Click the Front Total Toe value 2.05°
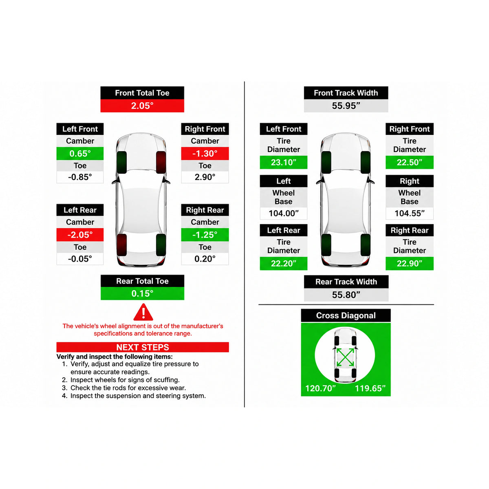[142, 106]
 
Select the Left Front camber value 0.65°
[80, 154]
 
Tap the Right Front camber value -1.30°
[205, 154]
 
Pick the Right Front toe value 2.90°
[205, 177]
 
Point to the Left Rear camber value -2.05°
[80, 235]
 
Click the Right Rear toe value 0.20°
[205, 259]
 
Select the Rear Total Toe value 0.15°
[142, 293]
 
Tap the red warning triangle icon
[143, 313]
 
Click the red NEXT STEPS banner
[143, 347]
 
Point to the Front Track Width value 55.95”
[346, 106]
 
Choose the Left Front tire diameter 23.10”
[284, 162]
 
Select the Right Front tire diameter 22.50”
[409, 162]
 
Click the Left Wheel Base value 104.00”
[284, 213]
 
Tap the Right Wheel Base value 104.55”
[409, 213]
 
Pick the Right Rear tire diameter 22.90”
[409, 263]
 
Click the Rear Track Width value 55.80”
[346, 295]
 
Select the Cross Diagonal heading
[346, 315]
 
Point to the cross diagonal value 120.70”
[320, 388]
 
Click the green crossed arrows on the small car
[345, 357]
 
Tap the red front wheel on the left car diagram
[161, 163]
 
